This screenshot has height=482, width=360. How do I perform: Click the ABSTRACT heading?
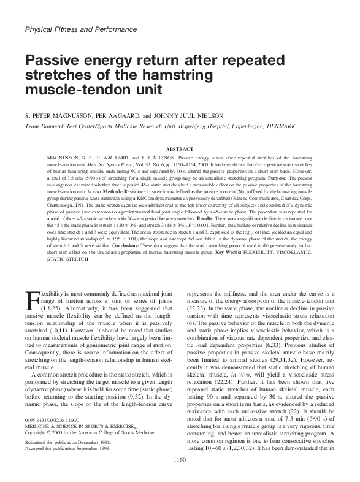[x=180, y=148]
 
